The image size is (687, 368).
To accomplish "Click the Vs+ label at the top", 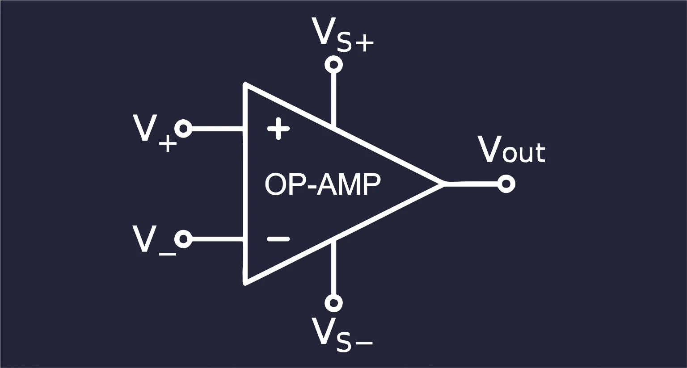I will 342,35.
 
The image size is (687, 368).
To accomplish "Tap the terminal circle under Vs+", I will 333,64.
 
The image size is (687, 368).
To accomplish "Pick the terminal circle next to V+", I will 183,129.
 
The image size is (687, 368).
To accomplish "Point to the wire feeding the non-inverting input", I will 217,129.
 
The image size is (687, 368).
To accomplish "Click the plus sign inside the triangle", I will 278,129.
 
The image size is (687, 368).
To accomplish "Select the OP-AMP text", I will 323,184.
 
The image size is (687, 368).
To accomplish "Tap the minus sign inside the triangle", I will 278,239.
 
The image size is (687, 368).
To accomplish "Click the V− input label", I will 152,241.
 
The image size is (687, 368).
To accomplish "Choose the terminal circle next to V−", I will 183,239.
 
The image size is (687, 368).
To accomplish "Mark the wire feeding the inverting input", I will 217,239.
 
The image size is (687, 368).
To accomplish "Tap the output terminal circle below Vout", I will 506,184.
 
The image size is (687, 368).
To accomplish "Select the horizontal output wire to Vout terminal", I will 472,183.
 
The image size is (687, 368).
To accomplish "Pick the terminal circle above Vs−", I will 333,303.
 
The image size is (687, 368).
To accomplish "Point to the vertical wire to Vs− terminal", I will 333,268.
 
